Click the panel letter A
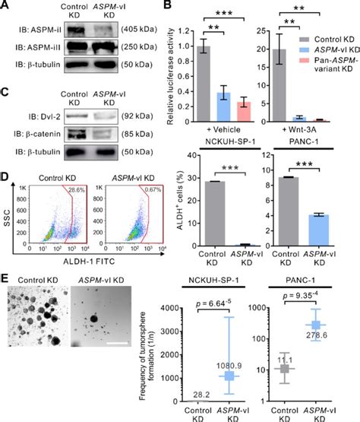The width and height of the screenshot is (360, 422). pyautogui.click(x=6, y=7)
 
